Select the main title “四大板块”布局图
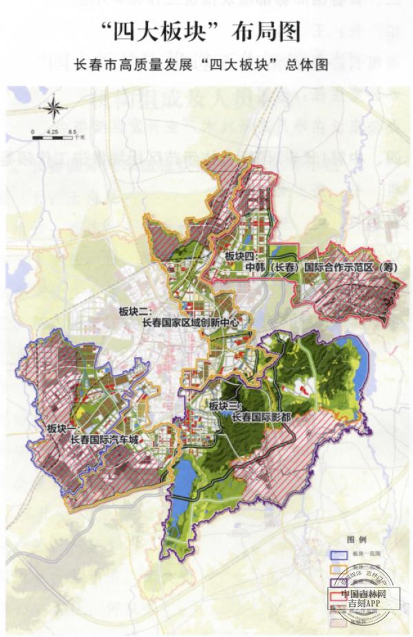click(206, 31)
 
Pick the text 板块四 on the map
click(240, 255)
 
